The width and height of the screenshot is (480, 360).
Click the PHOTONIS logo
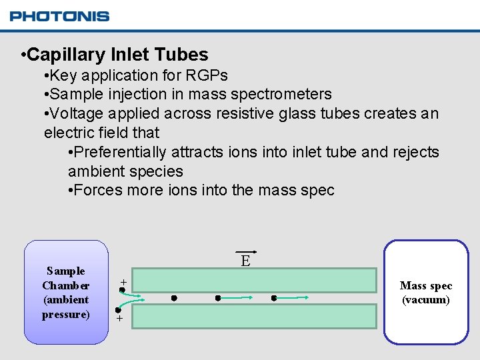(x=59, y=16)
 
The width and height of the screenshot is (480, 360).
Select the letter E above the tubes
(x=245, y=261)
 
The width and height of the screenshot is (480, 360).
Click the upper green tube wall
(x=259, y=281)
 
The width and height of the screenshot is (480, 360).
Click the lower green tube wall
(x=259, y=316)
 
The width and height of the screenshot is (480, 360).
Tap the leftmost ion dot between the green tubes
(x=173, y=298)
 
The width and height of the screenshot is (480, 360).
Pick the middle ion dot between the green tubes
(x=217, y=298)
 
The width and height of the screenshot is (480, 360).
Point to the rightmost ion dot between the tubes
(x=274, y=298)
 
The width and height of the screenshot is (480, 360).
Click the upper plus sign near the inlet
(x=123, y=283)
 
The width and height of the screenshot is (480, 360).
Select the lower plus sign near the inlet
(x=120, y=319)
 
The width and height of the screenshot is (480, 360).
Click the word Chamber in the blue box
(x=65, y=285)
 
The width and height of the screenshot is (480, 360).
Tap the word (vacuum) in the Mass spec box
(x=426, y=300)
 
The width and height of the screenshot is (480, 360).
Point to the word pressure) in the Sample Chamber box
(x=65, y=314)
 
